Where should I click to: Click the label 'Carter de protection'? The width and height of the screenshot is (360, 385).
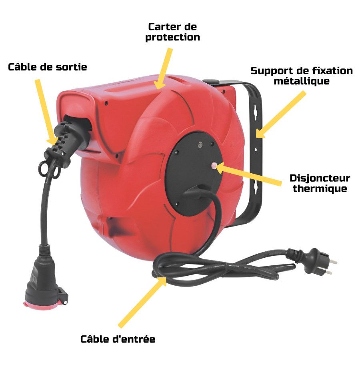pos(172,32)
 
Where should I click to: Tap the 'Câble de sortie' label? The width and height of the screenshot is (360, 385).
pos(47,67)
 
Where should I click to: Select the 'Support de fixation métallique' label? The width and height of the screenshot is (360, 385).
pos(302,76)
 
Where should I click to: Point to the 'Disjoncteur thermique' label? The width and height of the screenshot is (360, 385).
pos(320,183)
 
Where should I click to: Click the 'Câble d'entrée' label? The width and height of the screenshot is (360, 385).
pos(118,339)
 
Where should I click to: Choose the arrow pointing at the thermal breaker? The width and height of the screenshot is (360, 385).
pos(248,174)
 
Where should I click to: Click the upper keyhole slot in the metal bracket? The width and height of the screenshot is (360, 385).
pos(256,112)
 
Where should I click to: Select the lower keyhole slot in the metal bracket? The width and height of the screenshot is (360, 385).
pos(256,188)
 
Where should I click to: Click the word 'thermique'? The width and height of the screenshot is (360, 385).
pos(320,188)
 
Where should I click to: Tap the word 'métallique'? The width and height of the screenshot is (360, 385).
pos(302,81)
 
